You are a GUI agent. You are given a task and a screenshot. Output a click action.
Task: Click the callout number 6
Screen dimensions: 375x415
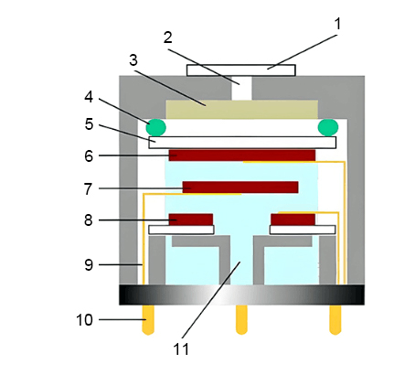click(x=89, y=156)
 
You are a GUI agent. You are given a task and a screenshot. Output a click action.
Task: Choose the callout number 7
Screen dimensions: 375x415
click(x=89, y=188)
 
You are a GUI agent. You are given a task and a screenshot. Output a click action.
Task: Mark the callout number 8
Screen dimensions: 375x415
click(x=89, y=220)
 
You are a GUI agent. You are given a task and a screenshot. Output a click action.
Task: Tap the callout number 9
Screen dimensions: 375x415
click(x=89, y=265)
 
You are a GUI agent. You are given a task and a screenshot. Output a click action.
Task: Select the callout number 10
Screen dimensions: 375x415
click(x=83, y=320)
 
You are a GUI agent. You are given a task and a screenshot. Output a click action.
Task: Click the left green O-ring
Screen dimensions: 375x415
click(x=156, y=126)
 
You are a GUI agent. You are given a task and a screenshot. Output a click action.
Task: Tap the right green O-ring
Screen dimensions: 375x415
click(x=326, y=126)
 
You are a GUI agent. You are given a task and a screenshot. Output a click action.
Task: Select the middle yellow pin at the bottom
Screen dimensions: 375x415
click(x=241, y=318)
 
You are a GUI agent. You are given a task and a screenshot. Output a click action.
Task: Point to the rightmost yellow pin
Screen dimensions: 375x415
click(x=335, y=318)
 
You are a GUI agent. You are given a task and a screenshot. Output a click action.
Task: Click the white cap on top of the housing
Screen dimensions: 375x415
click(x=241, y=70)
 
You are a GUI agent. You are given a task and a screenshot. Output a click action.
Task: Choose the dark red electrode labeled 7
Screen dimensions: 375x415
click(x=240, y=187)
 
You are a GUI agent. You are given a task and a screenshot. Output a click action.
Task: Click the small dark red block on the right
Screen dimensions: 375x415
click(x=293, y=220)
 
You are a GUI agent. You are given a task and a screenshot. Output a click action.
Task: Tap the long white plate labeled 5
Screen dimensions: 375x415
click(x=241, y=142)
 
